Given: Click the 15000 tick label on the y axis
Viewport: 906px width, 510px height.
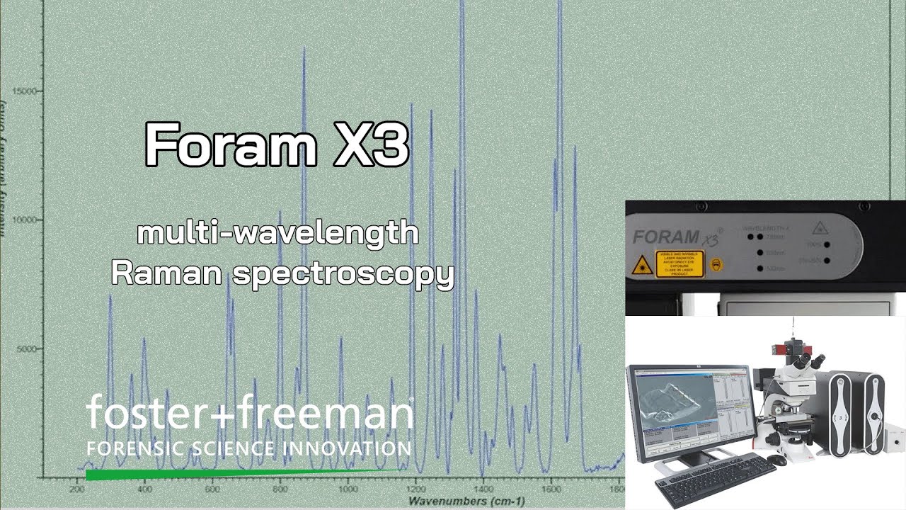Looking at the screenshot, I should (28, 91).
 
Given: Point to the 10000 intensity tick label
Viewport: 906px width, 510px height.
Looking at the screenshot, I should (28, 220).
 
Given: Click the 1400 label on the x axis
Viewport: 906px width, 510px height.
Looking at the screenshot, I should (483, 489).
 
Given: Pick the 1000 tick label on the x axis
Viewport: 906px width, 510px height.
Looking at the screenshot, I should (348, 489).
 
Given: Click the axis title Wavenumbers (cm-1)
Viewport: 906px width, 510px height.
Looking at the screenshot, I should (466, 501).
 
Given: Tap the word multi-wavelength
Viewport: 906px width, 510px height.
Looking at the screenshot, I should (278, 232).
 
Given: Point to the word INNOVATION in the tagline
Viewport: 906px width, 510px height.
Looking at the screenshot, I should (346, 448).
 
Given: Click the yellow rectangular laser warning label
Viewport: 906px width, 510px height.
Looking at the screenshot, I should (679, 264).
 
